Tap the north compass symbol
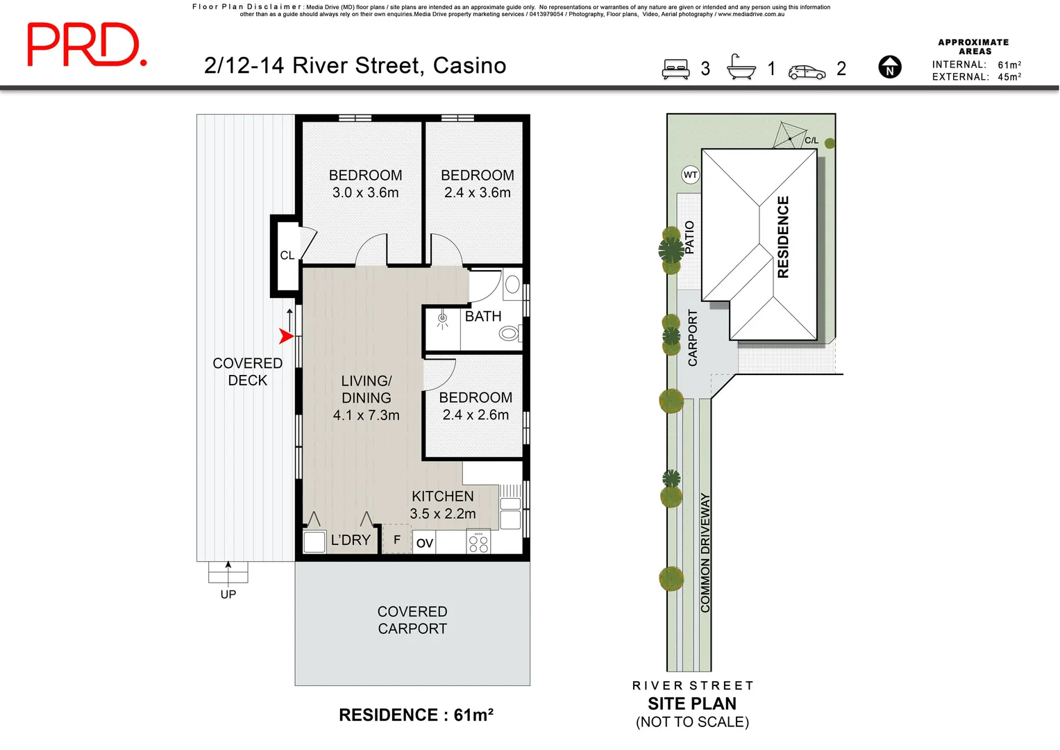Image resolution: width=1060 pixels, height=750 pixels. point(890,67)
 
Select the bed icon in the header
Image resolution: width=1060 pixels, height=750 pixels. point(675,69)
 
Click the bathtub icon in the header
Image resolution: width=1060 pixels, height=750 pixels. point(741,67)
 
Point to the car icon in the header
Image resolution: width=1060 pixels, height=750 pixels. point(807,72)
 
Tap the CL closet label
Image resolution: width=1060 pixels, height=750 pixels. point(287,256)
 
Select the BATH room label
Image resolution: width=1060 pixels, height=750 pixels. point(482,316)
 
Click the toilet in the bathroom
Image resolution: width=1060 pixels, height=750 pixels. point(510,333)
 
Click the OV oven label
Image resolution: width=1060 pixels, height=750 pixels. point(424,543)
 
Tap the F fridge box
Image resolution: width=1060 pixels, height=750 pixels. point(396,539)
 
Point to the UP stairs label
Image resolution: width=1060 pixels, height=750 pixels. point(228,594)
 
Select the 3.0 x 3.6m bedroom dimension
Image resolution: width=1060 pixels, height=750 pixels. point(365,193)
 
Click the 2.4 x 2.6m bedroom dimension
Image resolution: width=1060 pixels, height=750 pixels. point(476,415)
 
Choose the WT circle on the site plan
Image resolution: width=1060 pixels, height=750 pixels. point(691,175)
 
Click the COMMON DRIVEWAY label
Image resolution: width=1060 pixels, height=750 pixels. point(705,553)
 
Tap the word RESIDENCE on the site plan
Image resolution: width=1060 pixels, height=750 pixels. point(783,237)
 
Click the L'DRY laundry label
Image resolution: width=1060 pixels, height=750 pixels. point(351,540)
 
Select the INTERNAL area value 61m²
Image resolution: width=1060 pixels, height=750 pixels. point(1009,65)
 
